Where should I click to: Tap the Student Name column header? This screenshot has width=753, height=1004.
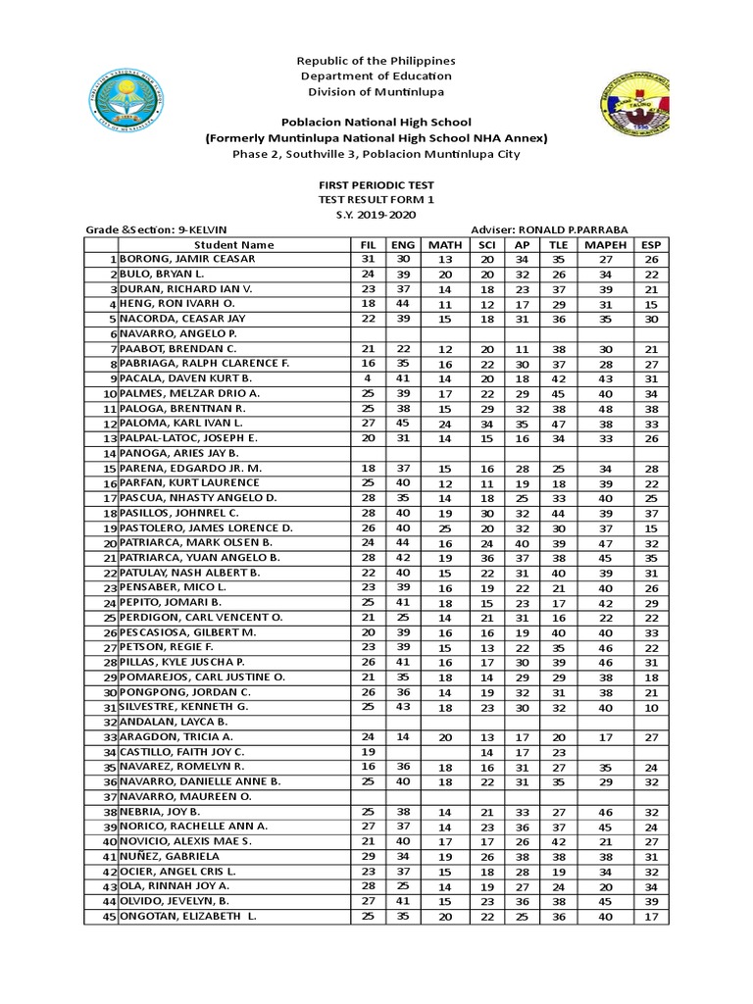[x=233, y=244]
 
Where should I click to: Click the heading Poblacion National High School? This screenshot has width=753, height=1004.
[x=376, y=123]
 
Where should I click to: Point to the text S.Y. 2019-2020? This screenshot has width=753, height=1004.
[x=376, y=213]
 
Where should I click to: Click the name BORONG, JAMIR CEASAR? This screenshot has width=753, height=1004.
[x=187, y=259]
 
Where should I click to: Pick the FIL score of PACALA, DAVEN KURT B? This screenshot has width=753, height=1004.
[x=367, y=377]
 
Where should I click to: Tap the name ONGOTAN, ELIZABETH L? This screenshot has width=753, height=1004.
[x=188, y=917]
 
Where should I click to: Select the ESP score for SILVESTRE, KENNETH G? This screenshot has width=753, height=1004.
[x=650, y=706]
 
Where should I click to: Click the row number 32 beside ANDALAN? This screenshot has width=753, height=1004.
[x=111, y=722]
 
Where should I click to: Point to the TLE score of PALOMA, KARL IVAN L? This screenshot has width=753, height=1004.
[x=558, y=423]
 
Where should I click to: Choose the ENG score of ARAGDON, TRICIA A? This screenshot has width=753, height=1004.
[x=403, y=736]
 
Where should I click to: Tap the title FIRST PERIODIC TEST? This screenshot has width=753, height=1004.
[x=376, y=184]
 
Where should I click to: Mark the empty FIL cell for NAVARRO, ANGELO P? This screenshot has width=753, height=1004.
[x=367, y=333]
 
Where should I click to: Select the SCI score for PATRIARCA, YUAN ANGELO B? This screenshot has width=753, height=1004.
[x=486, y=557]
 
